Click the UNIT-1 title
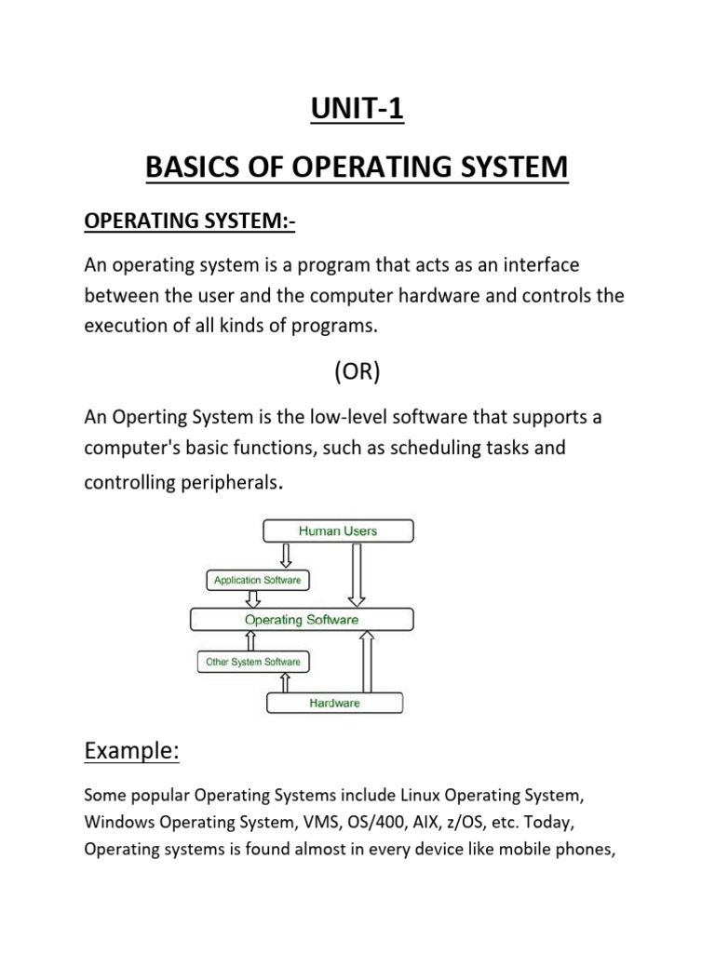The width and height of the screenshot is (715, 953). coord(357,110)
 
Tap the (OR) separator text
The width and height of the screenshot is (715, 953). coord(357,371)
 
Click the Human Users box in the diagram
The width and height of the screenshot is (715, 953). coord(338,531)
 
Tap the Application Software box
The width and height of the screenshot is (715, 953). coord(257,581)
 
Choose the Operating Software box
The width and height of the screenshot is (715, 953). coord(301,619)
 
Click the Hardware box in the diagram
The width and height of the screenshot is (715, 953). coord(334,704)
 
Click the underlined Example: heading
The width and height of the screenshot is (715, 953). coord(130,751)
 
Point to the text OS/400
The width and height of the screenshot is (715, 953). coord(357,823)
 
